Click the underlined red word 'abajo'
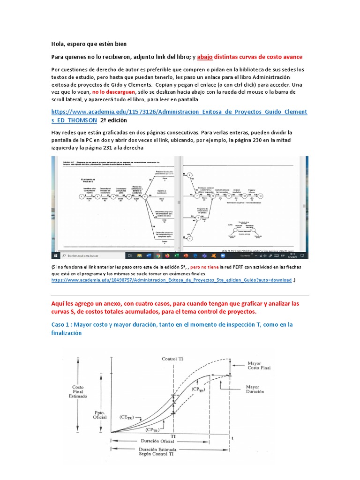pos(205,57)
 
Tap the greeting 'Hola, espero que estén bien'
pos(89,44)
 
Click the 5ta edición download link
pos(171,280)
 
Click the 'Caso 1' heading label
pos(62,324)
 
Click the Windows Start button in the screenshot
pos(55,256)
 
